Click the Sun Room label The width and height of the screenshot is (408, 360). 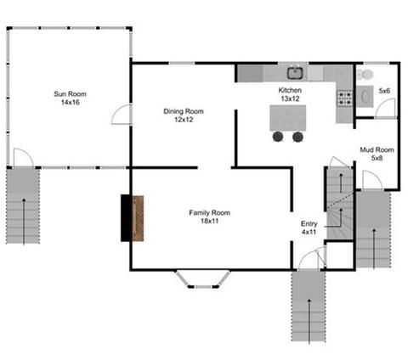pyautogui.click(x=70, y=98)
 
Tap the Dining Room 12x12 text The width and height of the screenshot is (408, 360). pyautogui.click(x=184, y=115)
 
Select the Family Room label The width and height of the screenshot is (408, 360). pyautogui.click(x=209, y=217)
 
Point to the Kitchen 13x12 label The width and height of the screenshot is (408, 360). pyautogui.click(x=290, y=94)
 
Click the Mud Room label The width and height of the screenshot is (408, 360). pyautogui.click(x=377, y=154)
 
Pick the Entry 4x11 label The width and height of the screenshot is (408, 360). pyautogui.click(x=309, y=228)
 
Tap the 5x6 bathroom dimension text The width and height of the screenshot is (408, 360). pyautogui.click(x=384, y=91)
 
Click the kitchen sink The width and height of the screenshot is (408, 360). pyautogui.click(x=296, y=73)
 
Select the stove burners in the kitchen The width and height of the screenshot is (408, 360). pyautogui.click(x=344, y=98)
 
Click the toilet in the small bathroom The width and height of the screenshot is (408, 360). pyautogui.click(x=365, y=75)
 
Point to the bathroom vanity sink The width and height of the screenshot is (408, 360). pyautogui.click(x=365, y=96)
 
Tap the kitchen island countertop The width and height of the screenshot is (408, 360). pyautogui.click(x=288, y=118)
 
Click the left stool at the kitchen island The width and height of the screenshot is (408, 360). pyautogui.click(x=278, y=137)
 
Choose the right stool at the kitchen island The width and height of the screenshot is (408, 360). pyautogui.click(x=297, y=137)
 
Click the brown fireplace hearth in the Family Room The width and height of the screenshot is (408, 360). pyautogui.click(x=138, y=218)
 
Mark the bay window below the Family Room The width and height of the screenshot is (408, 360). pyautogui.click(x=203, y=279)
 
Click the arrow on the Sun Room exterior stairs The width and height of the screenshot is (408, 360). pyautogui.click(x=24, y=221)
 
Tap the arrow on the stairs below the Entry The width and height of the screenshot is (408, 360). pyautogui.click(x=309, y=321)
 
